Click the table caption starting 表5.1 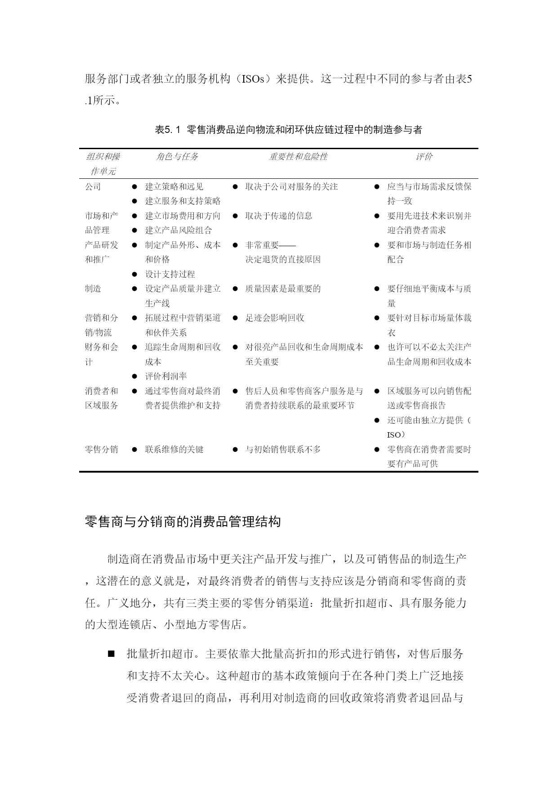(x=288, y=130)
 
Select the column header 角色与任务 (x=177, y=156)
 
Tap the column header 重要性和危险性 (x=298, y=156)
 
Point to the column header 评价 (x=424, y=156)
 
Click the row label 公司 (x=93, y=186)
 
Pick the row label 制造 (x=93, y=288)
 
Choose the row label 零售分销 (x=102, y=449)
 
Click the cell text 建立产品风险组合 (x=179, y=230)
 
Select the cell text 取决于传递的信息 (x=279, y=216)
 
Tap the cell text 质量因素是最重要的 (x=283, y=288)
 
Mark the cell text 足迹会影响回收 (x=275, y=318)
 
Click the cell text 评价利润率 (x=166, y=376)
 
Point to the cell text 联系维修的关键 (x=174, y=449)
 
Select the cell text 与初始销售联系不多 (x=283, y=449)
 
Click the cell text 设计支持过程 (x=170, y=274)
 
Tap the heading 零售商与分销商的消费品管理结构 (x=183, y=521)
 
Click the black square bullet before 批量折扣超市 (x=111, y=654)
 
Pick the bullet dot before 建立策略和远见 (x=134, y=186)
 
